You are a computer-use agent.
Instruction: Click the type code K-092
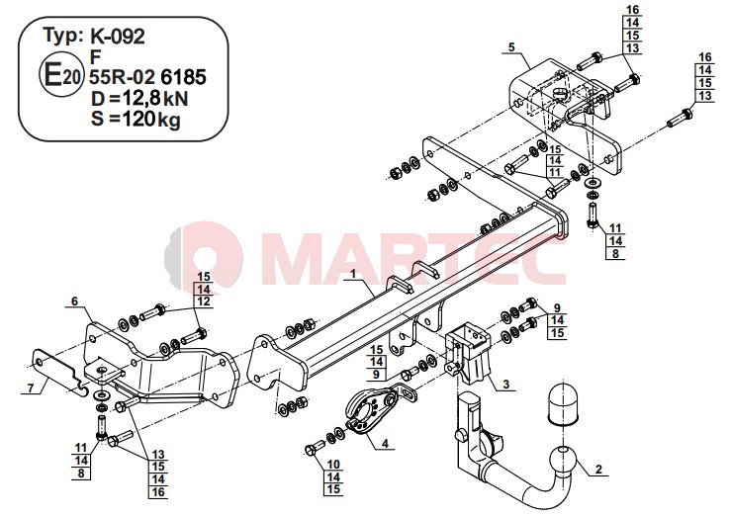click(x=117, y=37)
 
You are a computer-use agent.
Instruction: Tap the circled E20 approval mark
click(x=61, y=75)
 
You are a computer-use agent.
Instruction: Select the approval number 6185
click(x=183, y=77)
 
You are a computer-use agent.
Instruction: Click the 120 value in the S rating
click(x=137, y=120)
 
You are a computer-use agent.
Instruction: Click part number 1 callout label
click(x=353, y=274)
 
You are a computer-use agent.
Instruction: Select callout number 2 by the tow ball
click(x=598, y=470)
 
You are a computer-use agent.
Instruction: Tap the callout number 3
click(x=505, y=384)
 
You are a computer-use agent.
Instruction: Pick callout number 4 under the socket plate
click(x=385, y=444)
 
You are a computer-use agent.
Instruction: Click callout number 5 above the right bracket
click(x=511, y=47)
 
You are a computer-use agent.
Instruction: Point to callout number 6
click(x=74, y=302)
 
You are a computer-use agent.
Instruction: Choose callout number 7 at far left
click(x=31, y=388)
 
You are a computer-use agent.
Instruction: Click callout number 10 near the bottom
click(x=333, y=465)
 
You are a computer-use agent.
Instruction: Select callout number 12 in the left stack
click(x=204, y=302)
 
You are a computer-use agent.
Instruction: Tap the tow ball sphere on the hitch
click(x=563, y=460)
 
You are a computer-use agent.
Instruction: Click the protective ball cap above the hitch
click(x=563, y=404)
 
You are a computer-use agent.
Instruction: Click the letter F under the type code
click(x=95, y=56)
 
